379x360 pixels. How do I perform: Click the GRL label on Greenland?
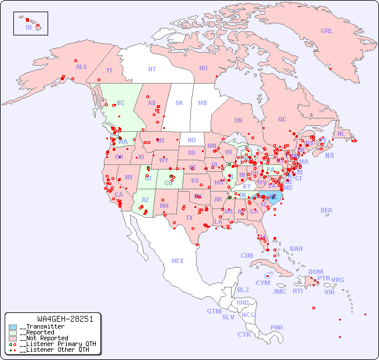[327, 31]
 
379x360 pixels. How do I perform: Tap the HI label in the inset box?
[28, 27]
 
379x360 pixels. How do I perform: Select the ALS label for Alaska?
[81, 67]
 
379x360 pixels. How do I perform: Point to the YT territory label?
[109, 70]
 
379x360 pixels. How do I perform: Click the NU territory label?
[203, 68]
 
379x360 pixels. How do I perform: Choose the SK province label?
[179, 103]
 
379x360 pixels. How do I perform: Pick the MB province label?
[203, 103]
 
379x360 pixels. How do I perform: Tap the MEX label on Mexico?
[178, 261]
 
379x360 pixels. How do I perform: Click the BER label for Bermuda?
[327, 210]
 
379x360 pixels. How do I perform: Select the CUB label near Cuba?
[247, 255]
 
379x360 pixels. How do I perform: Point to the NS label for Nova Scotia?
[330, 155]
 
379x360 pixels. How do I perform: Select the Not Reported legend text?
[44, 338]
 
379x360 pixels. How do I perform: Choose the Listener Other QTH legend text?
[55, 350]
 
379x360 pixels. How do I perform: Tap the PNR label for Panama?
[277, 327]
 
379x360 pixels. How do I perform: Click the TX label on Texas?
[189, 218]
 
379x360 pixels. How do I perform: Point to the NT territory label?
[152, 69]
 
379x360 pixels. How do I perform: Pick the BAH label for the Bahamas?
[296, 249]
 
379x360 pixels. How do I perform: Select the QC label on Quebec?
[282, 119]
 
